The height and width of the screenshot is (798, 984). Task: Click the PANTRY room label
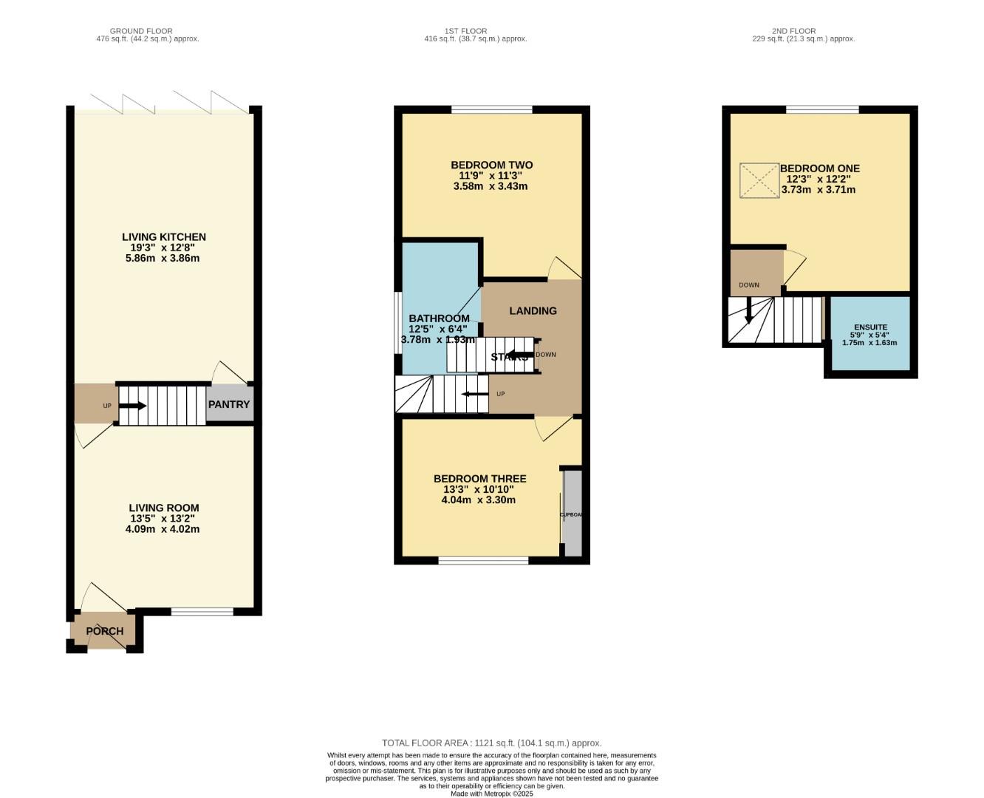229,404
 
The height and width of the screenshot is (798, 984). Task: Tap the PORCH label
105,631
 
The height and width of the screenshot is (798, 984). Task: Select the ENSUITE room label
870,327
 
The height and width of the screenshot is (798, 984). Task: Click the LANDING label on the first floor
533,311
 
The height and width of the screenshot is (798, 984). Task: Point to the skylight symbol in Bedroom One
759,180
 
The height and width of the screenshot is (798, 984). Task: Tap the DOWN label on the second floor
748,285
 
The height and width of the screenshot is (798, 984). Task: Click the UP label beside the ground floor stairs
107,406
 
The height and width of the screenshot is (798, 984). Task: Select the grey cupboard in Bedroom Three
573,513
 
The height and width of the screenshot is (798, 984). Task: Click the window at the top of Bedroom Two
492,110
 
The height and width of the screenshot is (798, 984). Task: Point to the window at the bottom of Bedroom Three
483,561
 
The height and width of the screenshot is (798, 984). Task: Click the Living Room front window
202,611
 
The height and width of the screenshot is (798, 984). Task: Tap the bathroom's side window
397,323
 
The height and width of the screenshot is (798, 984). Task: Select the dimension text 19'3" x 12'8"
164,248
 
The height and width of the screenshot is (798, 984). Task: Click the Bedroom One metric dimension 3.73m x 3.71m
819,190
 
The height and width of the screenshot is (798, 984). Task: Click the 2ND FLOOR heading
793,31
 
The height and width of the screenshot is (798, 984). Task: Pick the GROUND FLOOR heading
141,31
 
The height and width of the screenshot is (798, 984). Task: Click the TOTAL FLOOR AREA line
491,743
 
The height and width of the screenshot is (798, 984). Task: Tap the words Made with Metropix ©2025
491,794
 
